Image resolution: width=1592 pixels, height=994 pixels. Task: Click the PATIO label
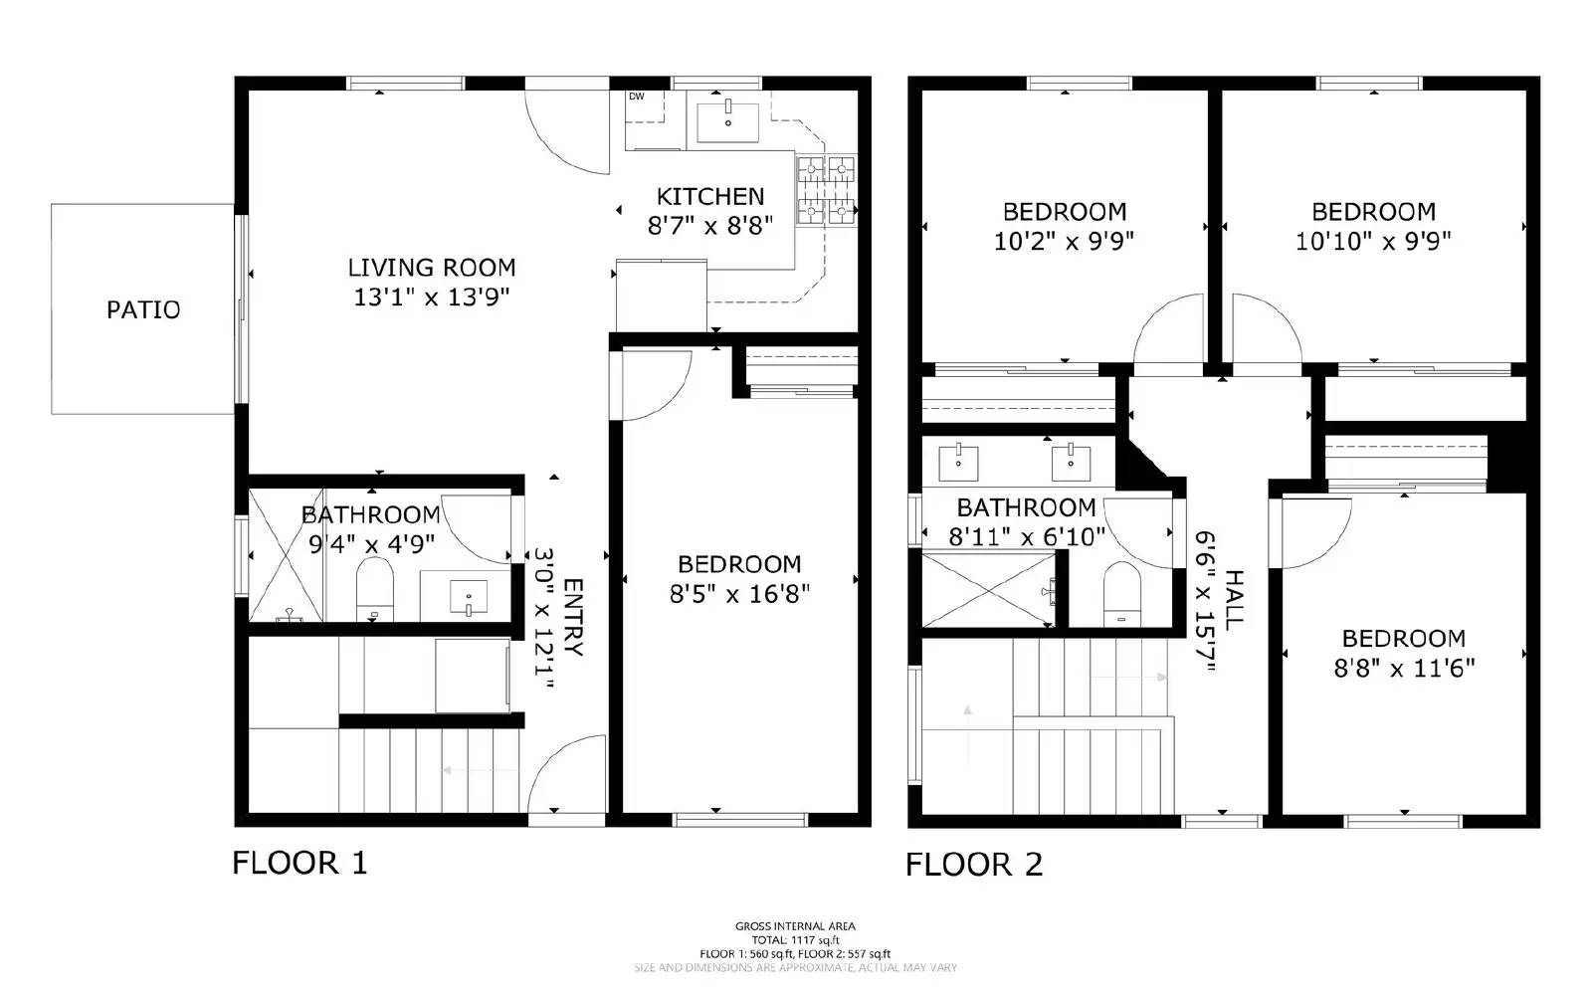pos(143,309)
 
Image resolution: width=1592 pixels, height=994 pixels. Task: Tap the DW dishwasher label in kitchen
pos(636,97)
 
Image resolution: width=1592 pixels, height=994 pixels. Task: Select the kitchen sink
pos(727,122)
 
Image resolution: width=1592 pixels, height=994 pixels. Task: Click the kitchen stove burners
pos(828,190)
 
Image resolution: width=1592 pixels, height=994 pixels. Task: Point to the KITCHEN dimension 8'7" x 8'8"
pos(710,226)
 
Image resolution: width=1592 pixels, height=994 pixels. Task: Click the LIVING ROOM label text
pos(432,268)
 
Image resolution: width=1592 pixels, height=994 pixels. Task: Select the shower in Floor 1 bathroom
pos(286,554)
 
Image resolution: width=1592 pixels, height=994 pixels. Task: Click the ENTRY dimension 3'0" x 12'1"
pos(545,617)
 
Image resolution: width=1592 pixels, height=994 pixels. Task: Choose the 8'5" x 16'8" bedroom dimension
pos(739,594)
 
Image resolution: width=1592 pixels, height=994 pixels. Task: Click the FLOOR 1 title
pos(299,862)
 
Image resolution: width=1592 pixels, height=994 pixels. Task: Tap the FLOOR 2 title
pos(974,865)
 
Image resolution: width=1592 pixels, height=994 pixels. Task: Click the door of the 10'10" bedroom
pos(1264,328)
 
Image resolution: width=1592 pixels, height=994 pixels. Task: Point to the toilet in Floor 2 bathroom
pos(1121,594)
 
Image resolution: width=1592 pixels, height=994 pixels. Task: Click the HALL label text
pos(1234,600)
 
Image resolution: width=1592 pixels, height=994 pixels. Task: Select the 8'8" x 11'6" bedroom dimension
pos(1404,668)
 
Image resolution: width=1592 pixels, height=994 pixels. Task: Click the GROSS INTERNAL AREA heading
pos(795,926)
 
